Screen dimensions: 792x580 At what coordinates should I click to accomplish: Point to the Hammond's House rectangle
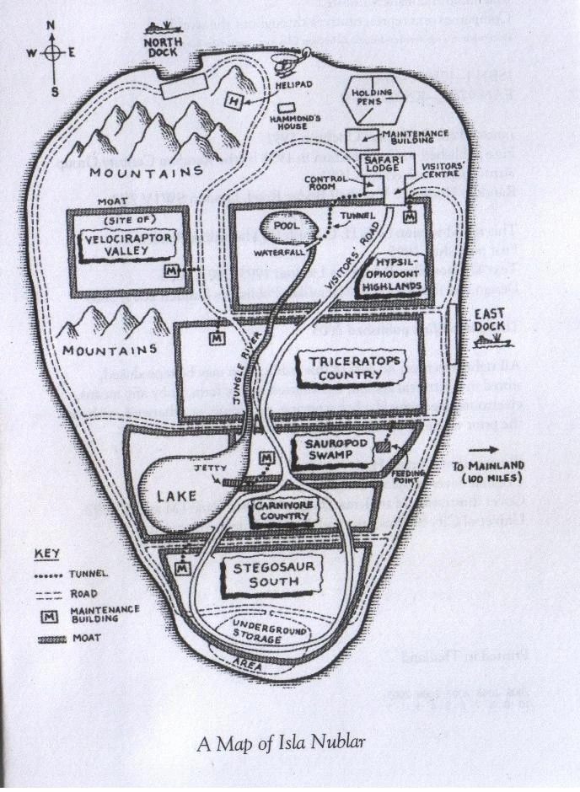[x=287, y=110]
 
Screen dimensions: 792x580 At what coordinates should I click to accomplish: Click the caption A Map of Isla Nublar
[x=277, y=742]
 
